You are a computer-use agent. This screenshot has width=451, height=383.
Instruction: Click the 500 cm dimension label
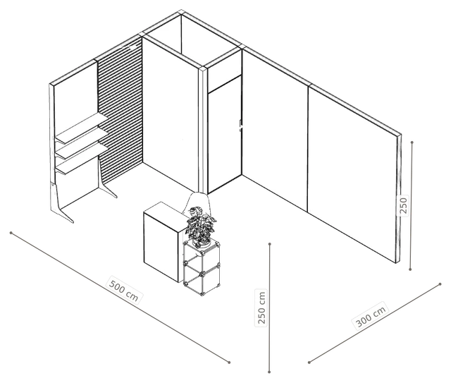point(125,290)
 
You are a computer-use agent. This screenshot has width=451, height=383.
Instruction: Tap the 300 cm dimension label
point(371,317)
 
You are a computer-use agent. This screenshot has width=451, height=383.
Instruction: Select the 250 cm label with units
point(261,308)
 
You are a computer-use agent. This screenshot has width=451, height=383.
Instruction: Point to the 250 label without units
point(403,205)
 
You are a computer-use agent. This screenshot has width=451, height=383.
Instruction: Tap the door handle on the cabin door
point(241,126)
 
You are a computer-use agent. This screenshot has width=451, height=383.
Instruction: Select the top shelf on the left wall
point(82,128)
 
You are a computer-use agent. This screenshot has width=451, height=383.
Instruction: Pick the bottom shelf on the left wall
point(82,159)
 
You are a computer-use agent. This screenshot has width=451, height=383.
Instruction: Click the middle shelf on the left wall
point(82,144)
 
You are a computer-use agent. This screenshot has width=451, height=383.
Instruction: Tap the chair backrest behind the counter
point(198,203)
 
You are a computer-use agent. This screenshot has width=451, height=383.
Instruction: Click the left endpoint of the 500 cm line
point(11,232)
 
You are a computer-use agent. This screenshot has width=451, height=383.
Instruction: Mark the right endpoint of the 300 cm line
point(440,284)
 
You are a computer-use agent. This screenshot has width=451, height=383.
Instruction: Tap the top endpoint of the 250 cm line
point(269,244)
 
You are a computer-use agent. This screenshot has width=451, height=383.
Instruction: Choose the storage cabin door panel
point(224,135)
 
